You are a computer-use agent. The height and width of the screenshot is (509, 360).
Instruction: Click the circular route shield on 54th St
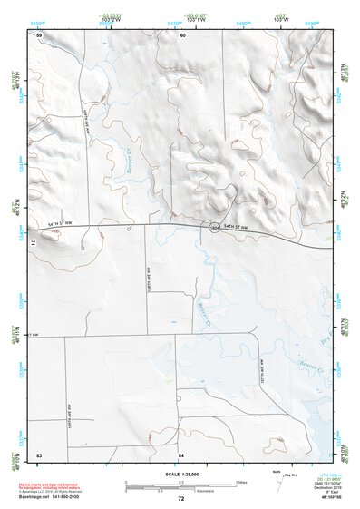[212, 228]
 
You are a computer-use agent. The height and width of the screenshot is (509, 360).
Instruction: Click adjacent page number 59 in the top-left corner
[39, 34]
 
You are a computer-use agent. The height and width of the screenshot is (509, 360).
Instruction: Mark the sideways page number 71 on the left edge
[38, 243]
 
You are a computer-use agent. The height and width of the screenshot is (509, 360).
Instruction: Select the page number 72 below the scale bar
[180, 499]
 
